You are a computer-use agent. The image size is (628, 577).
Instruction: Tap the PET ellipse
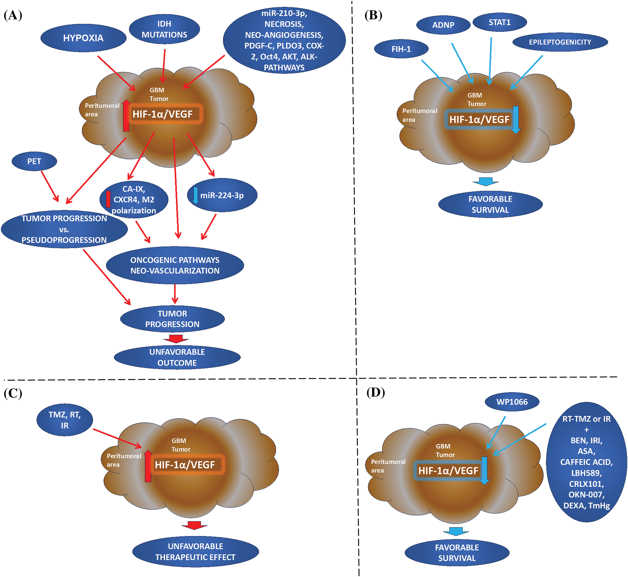34,161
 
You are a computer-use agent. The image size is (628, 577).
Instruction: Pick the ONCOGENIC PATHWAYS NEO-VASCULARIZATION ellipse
175,265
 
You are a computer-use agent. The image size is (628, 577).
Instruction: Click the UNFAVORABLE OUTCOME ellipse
177,358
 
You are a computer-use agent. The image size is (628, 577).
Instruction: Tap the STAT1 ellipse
500,22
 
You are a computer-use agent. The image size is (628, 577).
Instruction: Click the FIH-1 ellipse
401,49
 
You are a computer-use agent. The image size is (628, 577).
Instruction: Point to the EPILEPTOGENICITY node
560,42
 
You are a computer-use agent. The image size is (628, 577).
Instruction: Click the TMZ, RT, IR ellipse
65,420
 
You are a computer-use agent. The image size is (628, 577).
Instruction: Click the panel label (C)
13,393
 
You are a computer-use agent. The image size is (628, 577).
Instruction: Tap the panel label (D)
375,392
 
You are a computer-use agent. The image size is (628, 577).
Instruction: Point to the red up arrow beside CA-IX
108,199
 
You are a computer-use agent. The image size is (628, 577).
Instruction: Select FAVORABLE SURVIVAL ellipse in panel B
490,204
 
